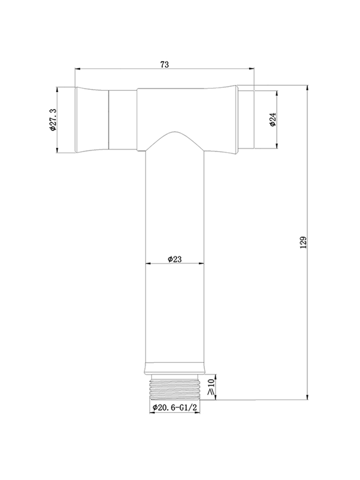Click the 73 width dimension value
(x=164, y=65)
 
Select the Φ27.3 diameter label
(x=53, y=120)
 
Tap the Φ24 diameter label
(x=272, y=119)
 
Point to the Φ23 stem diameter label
(x=174, y=259)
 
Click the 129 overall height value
(x=303, y=242)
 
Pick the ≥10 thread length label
(x=210, y=387)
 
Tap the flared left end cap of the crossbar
(x=91, y=120)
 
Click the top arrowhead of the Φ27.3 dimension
(x=57, y=89)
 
